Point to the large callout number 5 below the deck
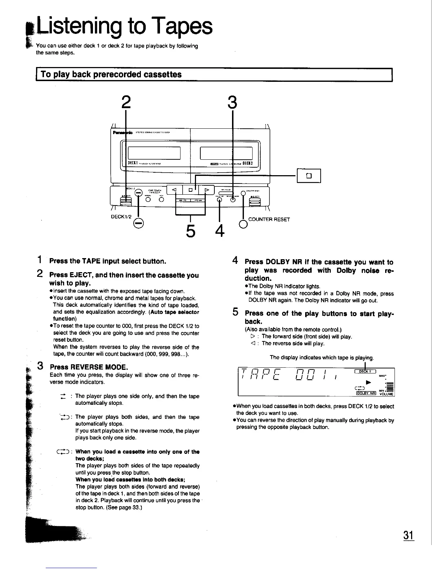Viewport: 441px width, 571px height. [x=190, y=231]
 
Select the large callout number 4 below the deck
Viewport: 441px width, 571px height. [x=219, y=231]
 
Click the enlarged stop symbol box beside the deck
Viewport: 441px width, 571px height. [x=308, y=176]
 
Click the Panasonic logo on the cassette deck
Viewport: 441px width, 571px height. [x=122, y=132]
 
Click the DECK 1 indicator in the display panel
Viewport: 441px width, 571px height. [x=365, y=372]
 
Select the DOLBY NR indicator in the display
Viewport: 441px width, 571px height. [x=366, y=393]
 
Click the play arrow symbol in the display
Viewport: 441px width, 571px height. [x=368, y=381]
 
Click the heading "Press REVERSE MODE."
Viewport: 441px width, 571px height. [x=89, y=367]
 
